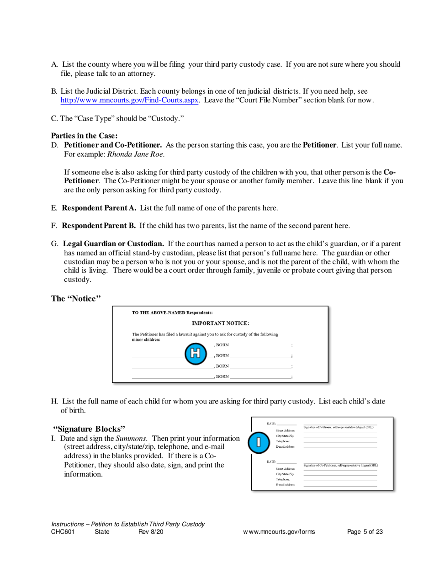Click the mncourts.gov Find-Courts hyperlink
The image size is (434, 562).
(129, 101)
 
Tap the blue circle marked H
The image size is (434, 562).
(195, 353)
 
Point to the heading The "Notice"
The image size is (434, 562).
(76, 298)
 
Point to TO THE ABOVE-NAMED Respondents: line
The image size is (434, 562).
(172, 313)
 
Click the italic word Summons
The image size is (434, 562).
(133, 438)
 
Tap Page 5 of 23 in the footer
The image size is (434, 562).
(365, 532)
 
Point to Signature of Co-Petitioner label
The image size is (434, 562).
(340, 465)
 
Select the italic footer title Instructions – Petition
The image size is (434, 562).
(128, 524)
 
